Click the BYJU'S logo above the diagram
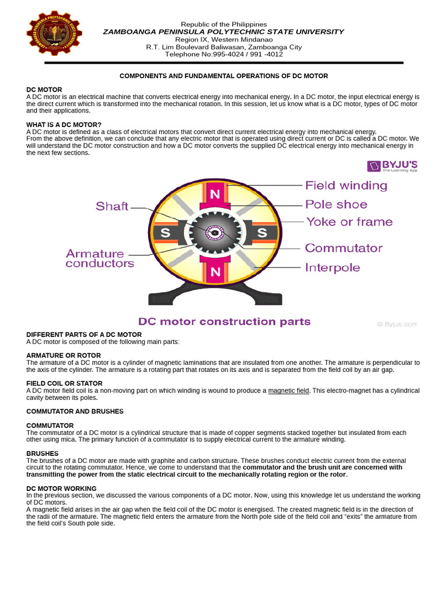[x=392, y=166]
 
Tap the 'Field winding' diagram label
[x=346, y=185]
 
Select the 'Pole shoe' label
[x=336, y=204]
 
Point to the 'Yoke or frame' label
[x=349, y=222]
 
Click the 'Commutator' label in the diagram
[x=344, y=248]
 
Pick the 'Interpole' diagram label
[x=332, y=268]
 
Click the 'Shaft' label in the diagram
[x=112, y=206]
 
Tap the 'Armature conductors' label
[x=100, y=258]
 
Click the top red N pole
[x=215, y=194]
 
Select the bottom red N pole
[x=215, y=271]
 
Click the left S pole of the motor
[x=166, y=233]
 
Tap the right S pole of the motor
[x=262, y=233]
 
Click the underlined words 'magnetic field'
[x=288, y=391]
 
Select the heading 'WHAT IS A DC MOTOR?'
[x=64, y=125]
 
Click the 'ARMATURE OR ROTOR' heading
[x=64, y=355]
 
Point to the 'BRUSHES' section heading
[x=43, y=453]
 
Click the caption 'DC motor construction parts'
[x=224, y=321]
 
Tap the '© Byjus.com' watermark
[x=397, y=324]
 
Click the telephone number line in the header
[x=223, y=54]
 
